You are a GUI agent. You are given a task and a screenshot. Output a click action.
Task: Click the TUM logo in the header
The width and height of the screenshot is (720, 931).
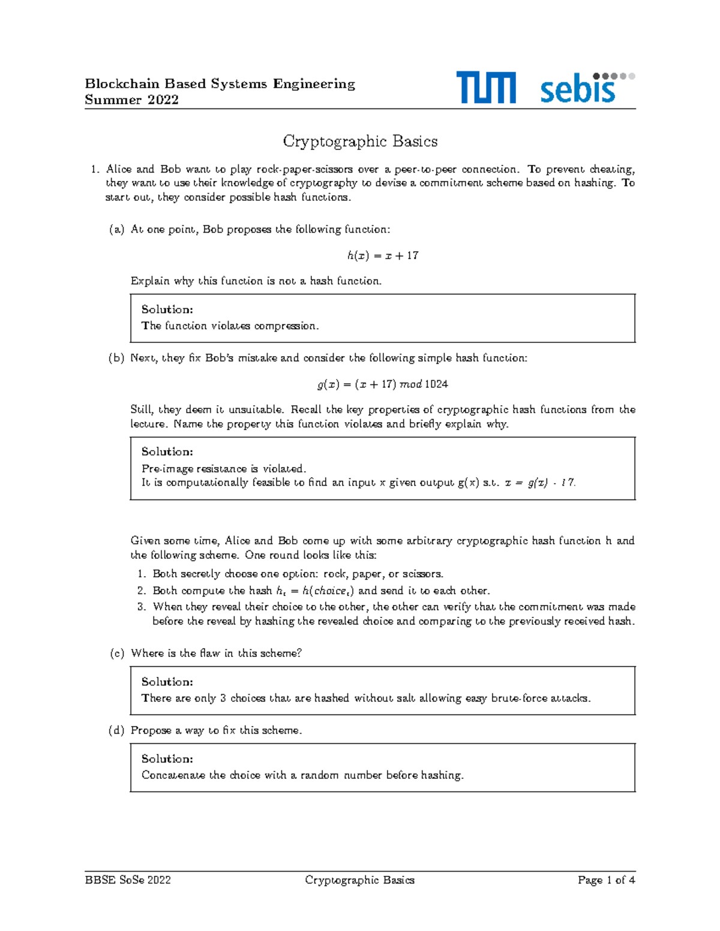485,88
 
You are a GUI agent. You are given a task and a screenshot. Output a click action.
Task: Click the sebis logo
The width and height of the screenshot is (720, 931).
587,88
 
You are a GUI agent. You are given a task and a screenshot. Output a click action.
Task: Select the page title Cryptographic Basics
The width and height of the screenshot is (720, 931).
360,141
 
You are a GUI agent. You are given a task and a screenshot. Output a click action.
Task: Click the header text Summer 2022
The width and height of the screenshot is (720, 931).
131,100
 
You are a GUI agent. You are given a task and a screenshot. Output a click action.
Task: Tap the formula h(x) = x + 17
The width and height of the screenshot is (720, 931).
383,255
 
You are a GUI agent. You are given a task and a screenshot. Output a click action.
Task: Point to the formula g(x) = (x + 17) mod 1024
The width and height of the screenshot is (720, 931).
383,384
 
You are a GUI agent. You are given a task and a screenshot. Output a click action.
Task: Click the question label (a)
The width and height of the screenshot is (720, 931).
116,230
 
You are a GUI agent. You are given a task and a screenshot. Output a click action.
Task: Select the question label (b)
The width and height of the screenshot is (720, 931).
116,358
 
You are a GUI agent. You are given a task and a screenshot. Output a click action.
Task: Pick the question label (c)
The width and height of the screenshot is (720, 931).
116,653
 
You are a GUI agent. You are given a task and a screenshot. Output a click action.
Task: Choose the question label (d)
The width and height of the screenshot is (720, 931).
116,731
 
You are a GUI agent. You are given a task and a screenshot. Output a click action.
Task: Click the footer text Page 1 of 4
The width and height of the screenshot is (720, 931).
606,880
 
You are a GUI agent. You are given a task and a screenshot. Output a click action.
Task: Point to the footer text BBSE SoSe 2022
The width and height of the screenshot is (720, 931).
128,880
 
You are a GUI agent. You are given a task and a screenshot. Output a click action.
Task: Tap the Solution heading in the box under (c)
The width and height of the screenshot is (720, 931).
167,682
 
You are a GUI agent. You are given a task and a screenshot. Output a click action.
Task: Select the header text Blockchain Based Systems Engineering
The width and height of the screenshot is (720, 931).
220,84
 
